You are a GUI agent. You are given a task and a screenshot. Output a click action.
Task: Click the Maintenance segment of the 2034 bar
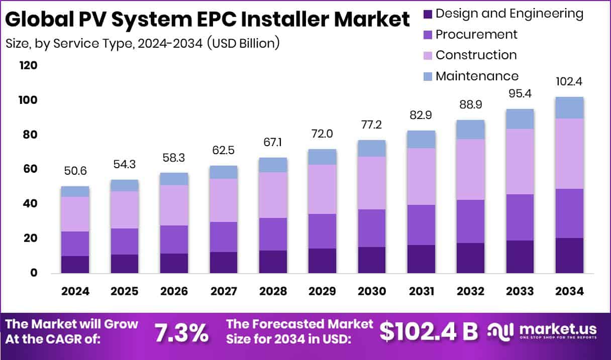pyautogui.click(x=569, y=107)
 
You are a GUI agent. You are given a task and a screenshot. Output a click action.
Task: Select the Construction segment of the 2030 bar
pyautogui.click(x=371, y=183)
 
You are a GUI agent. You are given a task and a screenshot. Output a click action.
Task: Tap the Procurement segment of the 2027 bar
pyautogui.click(x=223, y=236)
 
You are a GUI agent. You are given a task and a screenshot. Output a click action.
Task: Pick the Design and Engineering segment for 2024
pyautogui.click(x=75, y=264)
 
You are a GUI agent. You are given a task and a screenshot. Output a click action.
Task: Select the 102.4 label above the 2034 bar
pyautogui.click(x=569, y=82)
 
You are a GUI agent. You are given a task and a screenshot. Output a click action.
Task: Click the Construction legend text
pyautogui.click(x=476, y=55)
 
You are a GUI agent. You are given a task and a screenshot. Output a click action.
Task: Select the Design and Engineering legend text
pyautogui.click(x=509, y=14)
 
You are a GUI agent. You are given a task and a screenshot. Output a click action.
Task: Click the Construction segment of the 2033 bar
pyautogui.click(x=520, y=161)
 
